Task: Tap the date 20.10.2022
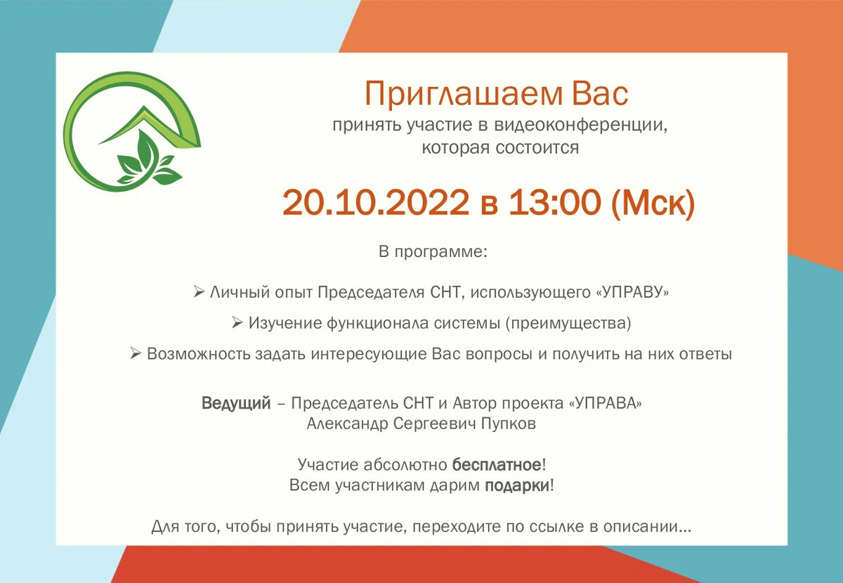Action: coord(375,203)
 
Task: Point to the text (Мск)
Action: coord(653,203)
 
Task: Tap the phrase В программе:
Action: coord(432,252)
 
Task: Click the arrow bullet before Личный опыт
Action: coord(198,291)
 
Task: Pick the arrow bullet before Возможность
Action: coord(136,354)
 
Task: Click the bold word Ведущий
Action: coord(236,404)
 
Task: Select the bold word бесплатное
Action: coord(497,465)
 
